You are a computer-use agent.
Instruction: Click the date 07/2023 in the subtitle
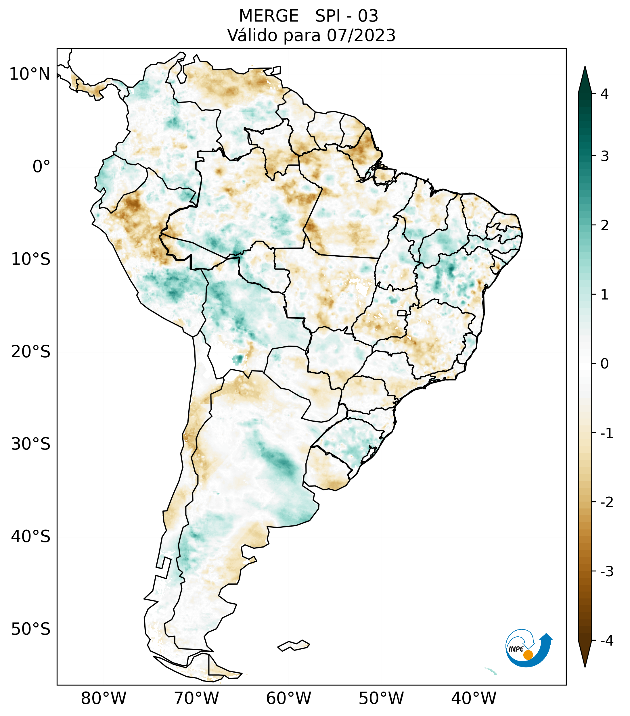click(x=361, y=35)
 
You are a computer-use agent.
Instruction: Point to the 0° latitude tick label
click(x=41, y=167)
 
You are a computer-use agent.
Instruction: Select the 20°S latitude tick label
click(x=31, y=352)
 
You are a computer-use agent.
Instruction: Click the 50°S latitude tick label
click(x=31, y=629)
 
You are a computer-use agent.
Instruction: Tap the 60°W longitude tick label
click(x=288, y=698)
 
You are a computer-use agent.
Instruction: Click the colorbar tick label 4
click(x=604, y=94)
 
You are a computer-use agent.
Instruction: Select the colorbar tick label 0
click(x=604, y=364)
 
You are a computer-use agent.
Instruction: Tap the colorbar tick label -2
click(x=606, y=502)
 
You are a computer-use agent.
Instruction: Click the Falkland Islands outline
click(x=294, y=646)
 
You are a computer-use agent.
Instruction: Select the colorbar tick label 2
click(x=604, y=226)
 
